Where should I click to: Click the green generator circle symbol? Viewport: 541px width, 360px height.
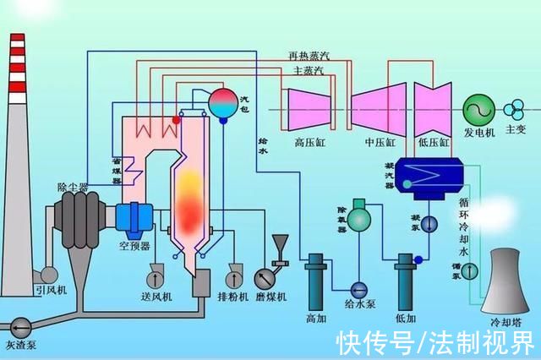point(477,109)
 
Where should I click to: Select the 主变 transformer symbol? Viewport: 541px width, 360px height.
point(514,109)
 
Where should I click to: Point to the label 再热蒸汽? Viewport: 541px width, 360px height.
point(309,56)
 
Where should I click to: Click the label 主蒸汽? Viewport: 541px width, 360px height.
point(308,70)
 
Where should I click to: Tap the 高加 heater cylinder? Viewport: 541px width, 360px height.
point(317,279)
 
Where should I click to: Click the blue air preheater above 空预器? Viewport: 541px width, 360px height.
point(133,219)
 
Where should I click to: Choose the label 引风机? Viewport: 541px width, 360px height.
point(50,290)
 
